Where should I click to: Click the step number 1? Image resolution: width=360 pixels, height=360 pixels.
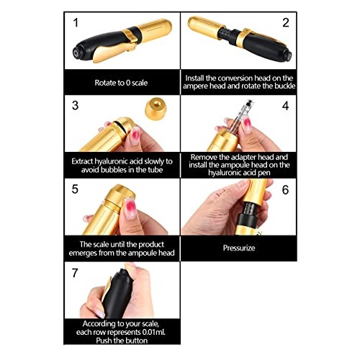(x=76, y=23)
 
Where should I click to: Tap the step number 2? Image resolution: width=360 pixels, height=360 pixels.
(x=286, y=23)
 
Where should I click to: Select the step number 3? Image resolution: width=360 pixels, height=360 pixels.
(x=75, y=105)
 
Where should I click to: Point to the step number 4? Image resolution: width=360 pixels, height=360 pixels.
(x=285, y=106)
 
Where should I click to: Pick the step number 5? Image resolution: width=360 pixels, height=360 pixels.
(x=75, y=189)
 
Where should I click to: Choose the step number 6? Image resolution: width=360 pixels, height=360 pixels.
(x=285, y=190)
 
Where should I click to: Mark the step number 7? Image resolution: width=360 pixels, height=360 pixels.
(x=75, y=273)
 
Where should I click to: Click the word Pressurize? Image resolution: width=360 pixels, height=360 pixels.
(x=239, y=248)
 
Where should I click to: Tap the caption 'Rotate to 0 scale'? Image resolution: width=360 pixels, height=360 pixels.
(x=121, y=83)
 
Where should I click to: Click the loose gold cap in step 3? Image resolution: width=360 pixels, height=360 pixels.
(x=156, y=109)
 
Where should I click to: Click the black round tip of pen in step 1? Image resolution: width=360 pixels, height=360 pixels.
(x=78, y=53)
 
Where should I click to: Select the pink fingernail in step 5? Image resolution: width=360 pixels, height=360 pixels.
(x=130, y=207)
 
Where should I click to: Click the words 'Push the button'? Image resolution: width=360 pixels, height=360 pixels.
(x=122, y=341)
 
